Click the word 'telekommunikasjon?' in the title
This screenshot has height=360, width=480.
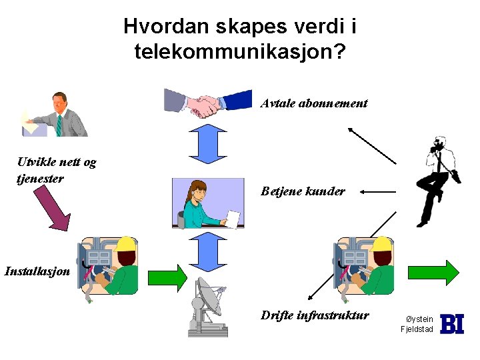click(x=240, y=51)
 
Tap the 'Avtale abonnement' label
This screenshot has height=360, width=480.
click(x=314, y=103)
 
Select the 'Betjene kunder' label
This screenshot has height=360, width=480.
click(x=303, y=191)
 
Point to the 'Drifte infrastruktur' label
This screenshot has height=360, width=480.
click(x=315, y=315)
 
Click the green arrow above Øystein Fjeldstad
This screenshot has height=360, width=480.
click(x=433, y=272)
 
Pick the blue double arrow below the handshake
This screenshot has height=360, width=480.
click(x=209, y=143)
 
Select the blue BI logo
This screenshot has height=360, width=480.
click(x=452, y=324)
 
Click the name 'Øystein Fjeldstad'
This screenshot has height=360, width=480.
click(x=417, y=324)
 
